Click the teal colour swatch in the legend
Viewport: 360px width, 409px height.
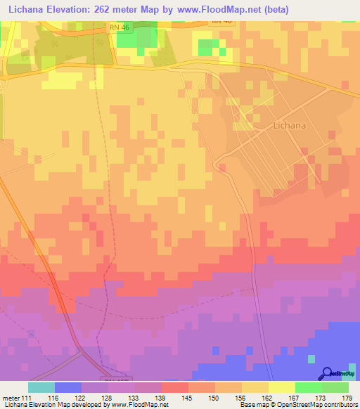point(41,387)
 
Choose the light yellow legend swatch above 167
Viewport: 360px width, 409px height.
point(281,387)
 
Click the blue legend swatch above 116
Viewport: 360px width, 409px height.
point(68,387)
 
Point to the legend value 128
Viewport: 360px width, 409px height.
point(108,398)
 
